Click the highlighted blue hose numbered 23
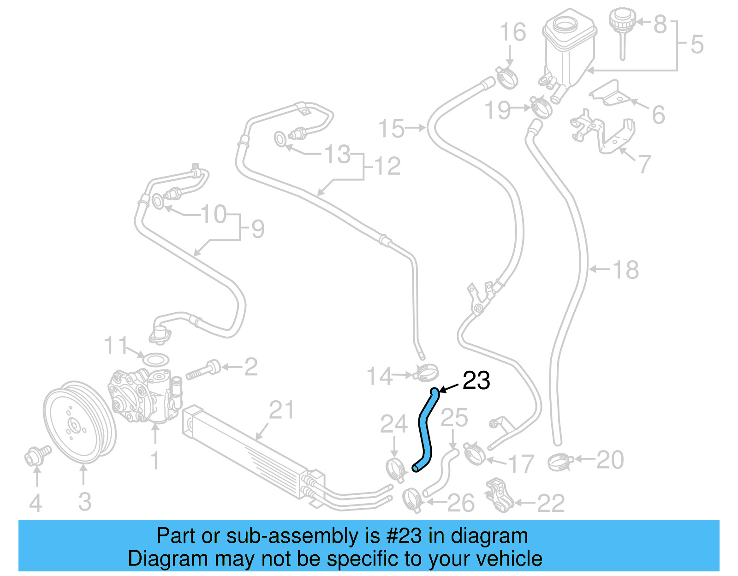[425, 429]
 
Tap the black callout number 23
[476, 381]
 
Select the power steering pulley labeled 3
[78, 422]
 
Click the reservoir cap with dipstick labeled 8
[622, 28]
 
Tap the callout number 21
[281, 410]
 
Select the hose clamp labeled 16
[507, 77]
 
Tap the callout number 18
[625, 270]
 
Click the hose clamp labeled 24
[395, 469]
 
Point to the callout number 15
[391, 129]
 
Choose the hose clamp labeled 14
[426, 372]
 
